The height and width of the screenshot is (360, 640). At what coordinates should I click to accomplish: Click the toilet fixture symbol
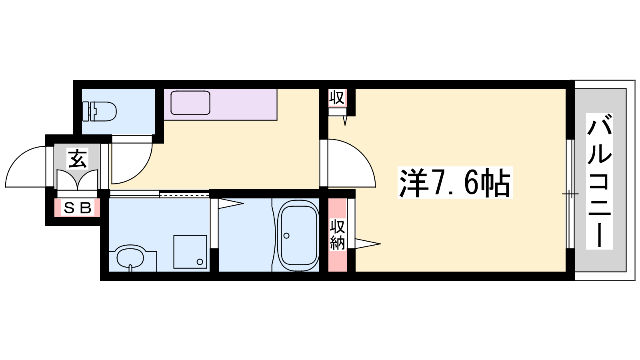coord(99,111)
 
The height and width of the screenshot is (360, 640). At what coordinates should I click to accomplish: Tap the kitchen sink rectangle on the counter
coord(190,103)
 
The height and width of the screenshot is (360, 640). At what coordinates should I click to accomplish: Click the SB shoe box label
coord(77,208)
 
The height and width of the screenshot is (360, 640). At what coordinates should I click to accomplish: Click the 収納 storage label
coord(338,234)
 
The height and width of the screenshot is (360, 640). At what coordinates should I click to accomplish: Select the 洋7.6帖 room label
coord(455,183)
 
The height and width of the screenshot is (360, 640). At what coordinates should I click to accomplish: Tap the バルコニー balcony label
coord(599,181)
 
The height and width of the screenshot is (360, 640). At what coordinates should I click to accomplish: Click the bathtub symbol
coord(299,236)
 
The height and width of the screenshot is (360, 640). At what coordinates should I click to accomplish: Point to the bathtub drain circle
coord(286,236)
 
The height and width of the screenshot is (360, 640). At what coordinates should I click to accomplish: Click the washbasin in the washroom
coord(130,258)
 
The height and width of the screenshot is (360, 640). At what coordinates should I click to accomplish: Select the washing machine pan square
coord(190,252)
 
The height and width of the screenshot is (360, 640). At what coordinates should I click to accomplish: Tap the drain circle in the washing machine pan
coord(200,262)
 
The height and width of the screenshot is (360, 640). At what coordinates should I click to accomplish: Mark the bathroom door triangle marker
coord(231,204)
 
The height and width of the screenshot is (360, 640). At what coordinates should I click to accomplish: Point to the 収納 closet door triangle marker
coord(368,244)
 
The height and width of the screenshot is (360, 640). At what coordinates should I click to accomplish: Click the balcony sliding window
coord(570,194)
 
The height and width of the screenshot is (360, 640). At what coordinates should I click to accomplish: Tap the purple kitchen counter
coord(220,104)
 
